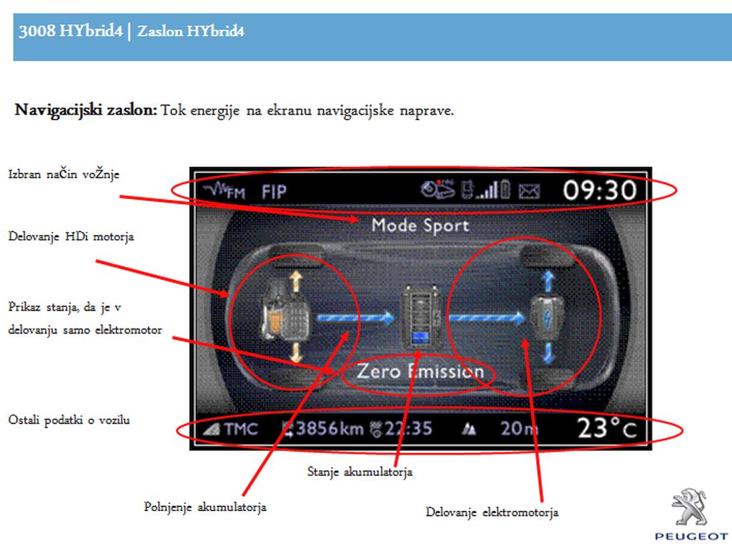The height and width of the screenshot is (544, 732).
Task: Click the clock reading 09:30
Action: (600, 190)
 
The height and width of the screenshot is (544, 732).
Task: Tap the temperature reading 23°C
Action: (607, 428)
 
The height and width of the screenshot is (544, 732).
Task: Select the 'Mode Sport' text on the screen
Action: (420, 225)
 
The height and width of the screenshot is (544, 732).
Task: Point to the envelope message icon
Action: (530, 190)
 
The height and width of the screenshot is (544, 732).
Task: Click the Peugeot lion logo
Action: (690, 507)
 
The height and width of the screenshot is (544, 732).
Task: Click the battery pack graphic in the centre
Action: (420, 317)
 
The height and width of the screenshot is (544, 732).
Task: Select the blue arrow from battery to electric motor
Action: (486, 318)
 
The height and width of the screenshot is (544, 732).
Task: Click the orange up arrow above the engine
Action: (296, 281)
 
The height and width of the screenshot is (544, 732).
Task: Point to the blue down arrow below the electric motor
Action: (548, 354)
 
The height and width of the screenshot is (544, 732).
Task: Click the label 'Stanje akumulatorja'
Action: (360, 472)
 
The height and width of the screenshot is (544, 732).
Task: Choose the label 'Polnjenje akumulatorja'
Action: (205, 507)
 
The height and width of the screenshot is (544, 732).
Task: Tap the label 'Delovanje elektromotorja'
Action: (492, 513)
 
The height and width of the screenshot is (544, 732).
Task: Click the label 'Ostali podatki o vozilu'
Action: (69, 419)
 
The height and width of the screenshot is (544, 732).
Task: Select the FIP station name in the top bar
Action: (274, 192)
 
